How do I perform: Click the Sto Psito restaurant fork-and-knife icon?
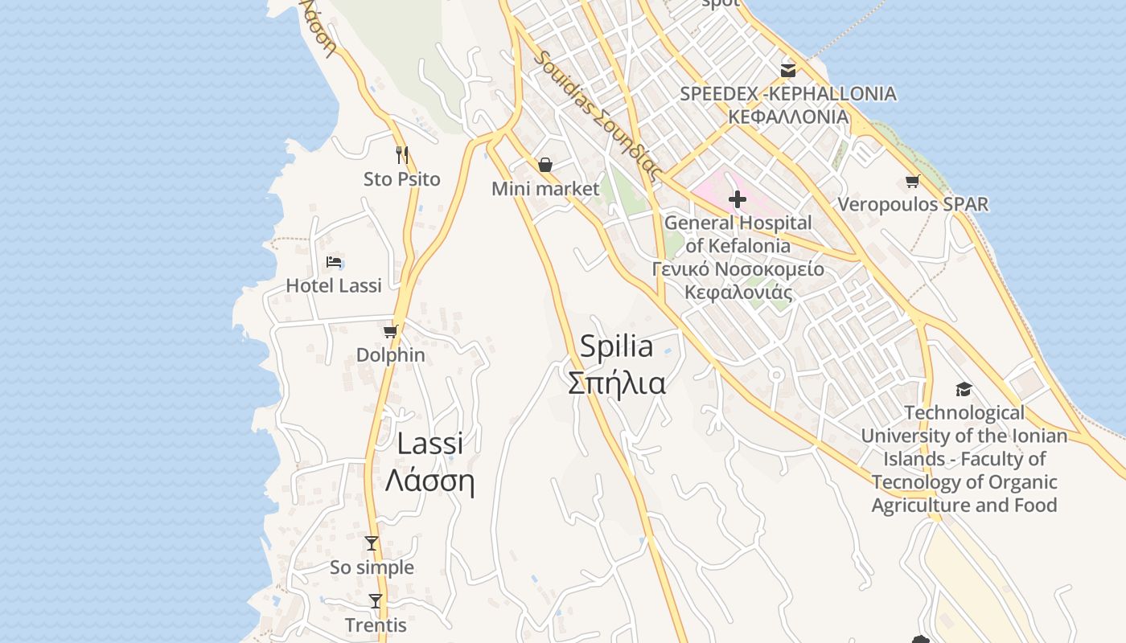[x=402, y=154]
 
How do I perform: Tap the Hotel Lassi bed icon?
[x=335, y=262]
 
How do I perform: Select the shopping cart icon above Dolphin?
[x=391, y=331]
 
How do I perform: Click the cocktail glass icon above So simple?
[x=371, y=543]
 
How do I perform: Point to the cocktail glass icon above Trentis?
[x=376, y=600]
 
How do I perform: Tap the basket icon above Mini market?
[x=545, y=165]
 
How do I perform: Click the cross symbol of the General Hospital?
[x=737, y=199]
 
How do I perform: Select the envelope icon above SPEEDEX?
[x=788, y=70]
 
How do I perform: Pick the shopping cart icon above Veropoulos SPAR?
[x=912, y=182]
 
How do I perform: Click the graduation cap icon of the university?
[x=964, y=390]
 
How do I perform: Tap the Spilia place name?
[x=616, y=346]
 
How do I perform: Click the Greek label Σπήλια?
[x=617, y=383]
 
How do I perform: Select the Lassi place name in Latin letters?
[x=430, y=443]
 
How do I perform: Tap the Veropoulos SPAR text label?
[x=913, y=204]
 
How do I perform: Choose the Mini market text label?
[x=545, y=189]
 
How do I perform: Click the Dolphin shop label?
[x=391, y=354]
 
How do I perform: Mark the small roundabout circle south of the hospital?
[x=776, y=375]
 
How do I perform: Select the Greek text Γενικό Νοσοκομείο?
[x=738, y=269]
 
